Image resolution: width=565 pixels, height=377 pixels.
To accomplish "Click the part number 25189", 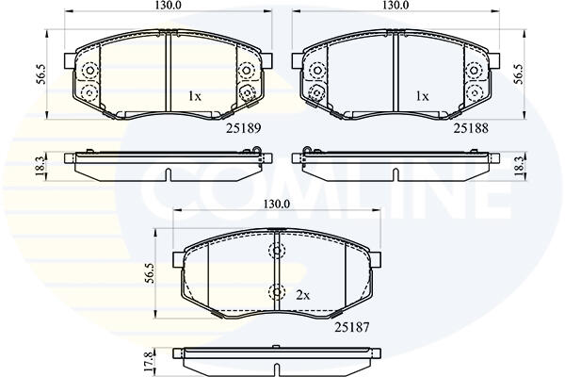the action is coord(243,128).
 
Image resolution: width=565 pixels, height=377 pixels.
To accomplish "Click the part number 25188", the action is coord(471,128).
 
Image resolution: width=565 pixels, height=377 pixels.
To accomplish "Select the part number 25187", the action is coord(352,327).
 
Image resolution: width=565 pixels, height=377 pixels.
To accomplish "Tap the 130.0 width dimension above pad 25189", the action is coord(168,5).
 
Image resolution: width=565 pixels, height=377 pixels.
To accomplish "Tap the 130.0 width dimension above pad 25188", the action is coord(395,5).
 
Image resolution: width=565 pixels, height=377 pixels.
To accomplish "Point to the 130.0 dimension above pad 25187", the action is coord(277,205).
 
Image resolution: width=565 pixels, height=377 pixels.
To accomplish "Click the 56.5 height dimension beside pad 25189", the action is coord(41,74).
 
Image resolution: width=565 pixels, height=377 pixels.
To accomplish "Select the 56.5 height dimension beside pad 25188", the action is coord(519,74).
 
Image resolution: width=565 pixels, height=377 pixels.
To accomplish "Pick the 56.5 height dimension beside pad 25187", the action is coord(150,273).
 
